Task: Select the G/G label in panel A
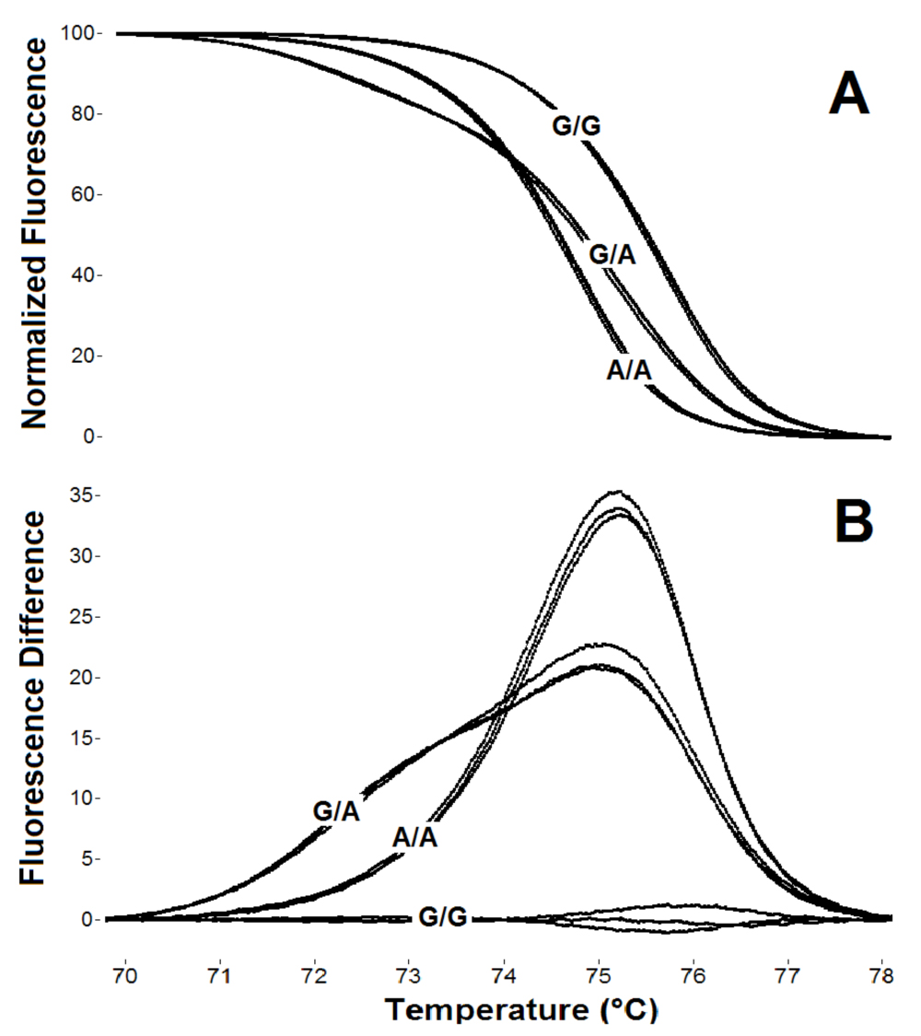click(577, 125)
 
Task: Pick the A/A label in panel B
click(414, 838)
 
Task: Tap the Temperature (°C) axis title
click(520, 1010)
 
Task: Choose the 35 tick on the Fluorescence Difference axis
click(97, 495)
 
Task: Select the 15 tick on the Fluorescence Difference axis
click(97, 738)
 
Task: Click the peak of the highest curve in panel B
click(617, 491)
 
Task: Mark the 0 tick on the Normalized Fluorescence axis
click(102, 437)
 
